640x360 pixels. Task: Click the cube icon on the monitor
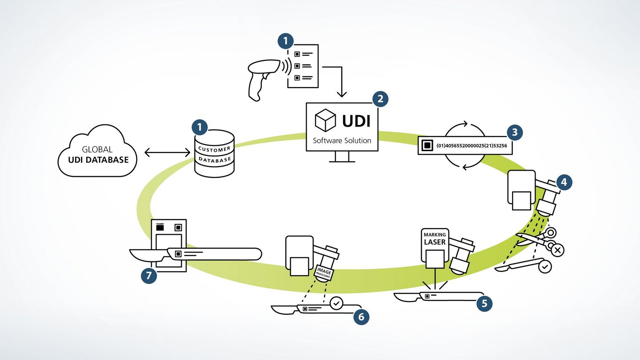325,120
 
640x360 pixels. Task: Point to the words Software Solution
342,140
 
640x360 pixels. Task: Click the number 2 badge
380,99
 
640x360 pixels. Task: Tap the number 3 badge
515,132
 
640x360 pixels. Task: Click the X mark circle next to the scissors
558,250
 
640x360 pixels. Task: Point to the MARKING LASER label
434,239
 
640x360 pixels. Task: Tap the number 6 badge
361,316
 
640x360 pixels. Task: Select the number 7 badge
149,276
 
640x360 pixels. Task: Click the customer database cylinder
215,153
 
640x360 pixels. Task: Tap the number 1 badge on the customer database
200,127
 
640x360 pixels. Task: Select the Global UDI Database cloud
97,154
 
